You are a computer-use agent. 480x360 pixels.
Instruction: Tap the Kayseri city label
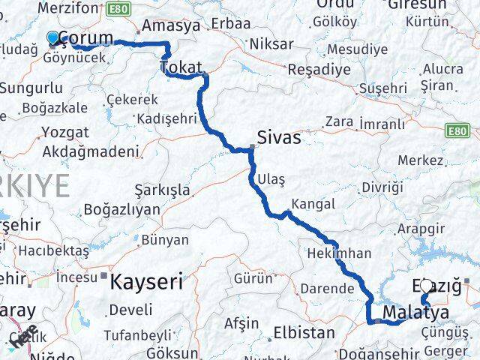(x=146, y=282)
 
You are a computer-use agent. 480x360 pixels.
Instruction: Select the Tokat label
(x=181, y=69)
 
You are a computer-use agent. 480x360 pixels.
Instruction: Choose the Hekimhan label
(x=338, y=253)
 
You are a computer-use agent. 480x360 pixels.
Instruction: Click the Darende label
(x=327, y=288)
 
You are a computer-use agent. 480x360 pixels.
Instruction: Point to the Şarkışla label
(x=161, y=190)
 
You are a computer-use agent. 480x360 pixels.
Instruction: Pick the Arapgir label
(x=421, y=229)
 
